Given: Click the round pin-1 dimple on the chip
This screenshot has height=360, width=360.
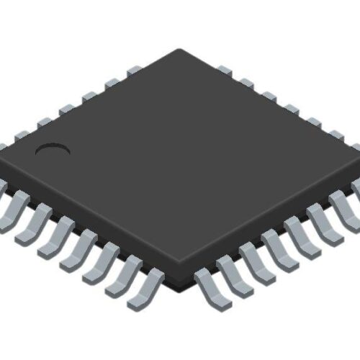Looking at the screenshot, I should tap(53, 150).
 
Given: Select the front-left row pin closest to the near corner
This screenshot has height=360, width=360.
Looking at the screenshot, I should tap(145, 285).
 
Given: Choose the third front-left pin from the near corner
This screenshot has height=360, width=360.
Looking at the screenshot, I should tap(96, 258).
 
